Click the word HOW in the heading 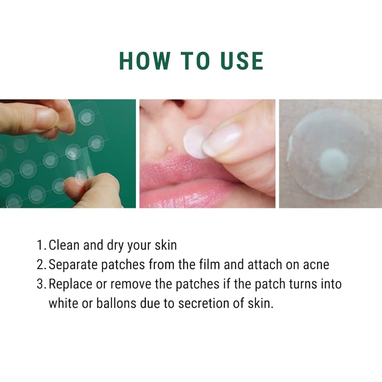(x=144, y=61)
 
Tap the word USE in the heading (x=242, y=61)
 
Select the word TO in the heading (x=195, y=61)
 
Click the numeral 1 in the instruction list (x=40, y=245)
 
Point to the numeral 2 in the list (x=40, y=264)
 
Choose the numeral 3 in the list (x=40, y=284)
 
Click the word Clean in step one (x=64, y=245)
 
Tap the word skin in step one (x=166, y=245)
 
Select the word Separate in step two (x=73, y=264)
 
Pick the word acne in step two (x=316, y=265)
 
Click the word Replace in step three (x=71, y=284)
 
